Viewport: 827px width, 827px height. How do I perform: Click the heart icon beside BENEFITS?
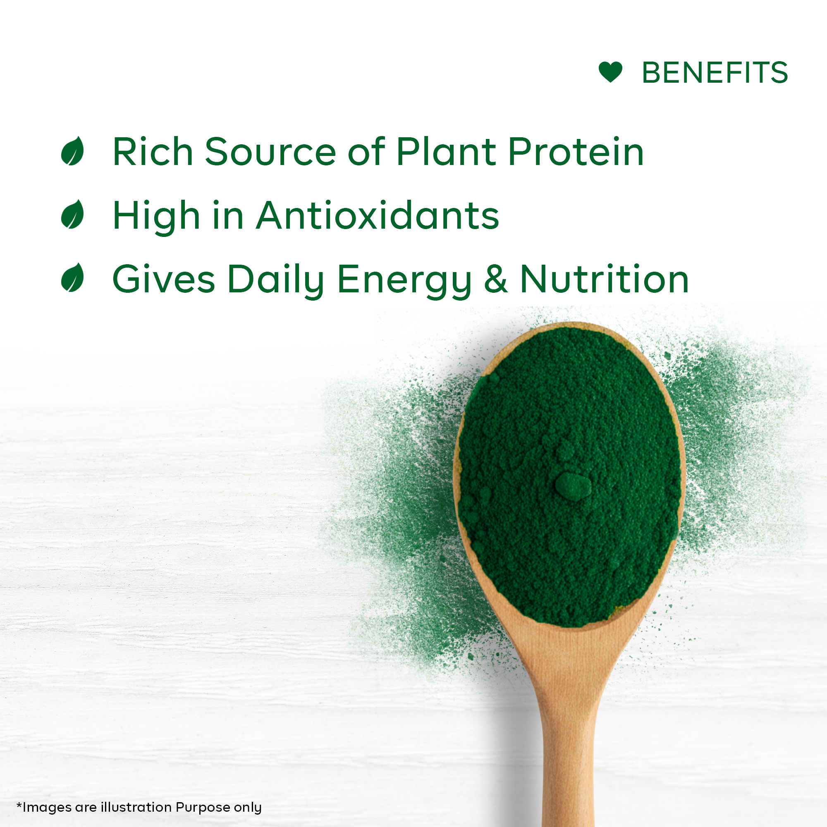[x=610, y=72]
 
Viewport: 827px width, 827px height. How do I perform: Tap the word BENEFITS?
[x=715, y=72]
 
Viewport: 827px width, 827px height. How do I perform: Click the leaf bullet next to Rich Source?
[x=72, y=151]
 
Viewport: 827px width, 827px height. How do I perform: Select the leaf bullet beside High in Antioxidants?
[x=72, y=214]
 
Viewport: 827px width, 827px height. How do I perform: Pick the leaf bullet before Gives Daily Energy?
[x=72, y=277]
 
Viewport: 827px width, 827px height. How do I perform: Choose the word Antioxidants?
[x=378, y=215]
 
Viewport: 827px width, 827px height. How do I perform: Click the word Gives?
[x=164, y=279]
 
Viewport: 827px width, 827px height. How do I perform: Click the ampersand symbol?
[x=496, y=279]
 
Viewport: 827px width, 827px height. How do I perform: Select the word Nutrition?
[x=605, y=279]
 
